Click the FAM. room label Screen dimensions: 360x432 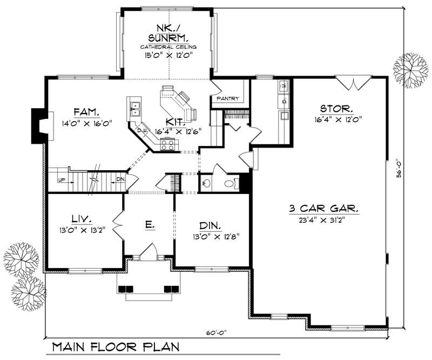(x=86, y=112)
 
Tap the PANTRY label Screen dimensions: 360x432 (x=227, y=99)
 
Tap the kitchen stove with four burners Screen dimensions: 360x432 (x=168, y=143)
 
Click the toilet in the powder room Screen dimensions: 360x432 (x=228, y=184)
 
